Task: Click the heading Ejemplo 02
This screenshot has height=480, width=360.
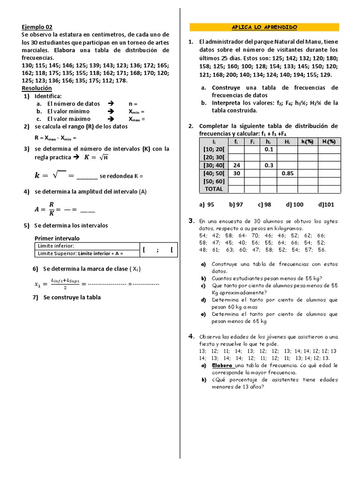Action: pyautogui.click(x=37, y=27)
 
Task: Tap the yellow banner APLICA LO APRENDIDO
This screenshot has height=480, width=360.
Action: pyautogui.click(x=264, y=27)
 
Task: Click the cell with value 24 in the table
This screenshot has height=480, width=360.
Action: pyautogui.click(x=236, y=165)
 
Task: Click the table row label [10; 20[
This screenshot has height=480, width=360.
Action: pyautogui.click(x=214, y=149)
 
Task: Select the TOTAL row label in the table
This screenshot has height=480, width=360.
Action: pyautogui.click(x=214, y=189)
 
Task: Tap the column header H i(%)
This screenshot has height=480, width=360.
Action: pyautogui.click(x=329, y=142)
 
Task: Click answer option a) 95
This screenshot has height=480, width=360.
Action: pyautogui.click(x=207, y=204)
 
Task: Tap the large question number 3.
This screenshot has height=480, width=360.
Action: pyautogui.click(x=191, y=220)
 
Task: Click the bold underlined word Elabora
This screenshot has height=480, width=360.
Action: pyautogui.click(x=222, y=365)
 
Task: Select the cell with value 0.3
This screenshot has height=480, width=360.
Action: pyautogui.click(x=268, y=165)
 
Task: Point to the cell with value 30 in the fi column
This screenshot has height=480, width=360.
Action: pyautogui.click(x=236, y=173)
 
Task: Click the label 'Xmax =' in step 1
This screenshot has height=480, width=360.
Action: pyautogui.click(x=136, y=119)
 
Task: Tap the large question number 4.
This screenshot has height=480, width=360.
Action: pyautogui.click(x=191, y=336)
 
